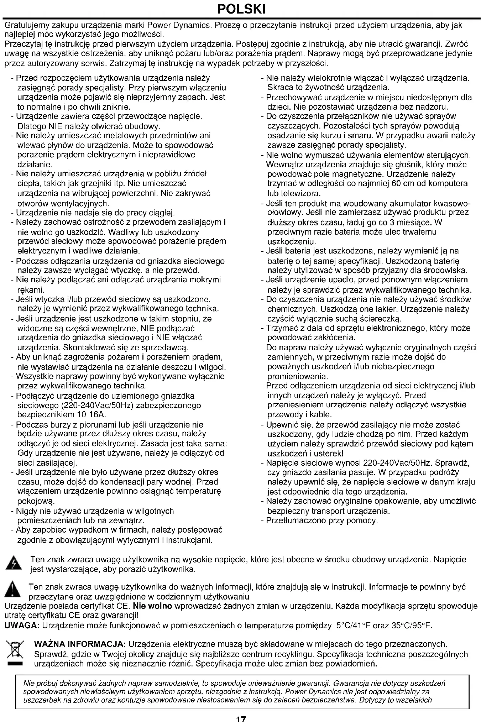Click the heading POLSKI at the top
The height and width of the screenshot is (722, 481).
[x=241, y=9]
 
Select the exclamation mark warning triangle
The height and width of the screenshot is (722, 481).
[x=12, y=590]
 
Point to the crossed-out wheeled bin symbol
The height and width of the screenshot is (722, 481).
[x=15, y=650]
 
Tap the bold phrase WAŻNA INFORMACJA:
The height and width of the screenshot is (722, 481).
[x=80, y=644]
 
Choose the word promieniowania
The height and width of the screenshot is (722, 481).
[x=297, y=376]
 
